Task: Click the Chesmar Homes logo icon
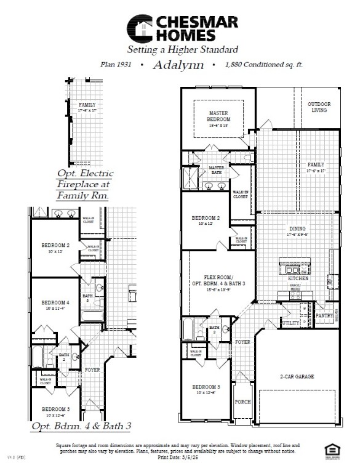(x=140, y=28)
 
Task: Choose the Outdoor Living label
(x=319, y=107)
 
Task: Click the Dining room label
(x=297, y=232)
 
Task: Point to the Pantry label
(x=324, y=316)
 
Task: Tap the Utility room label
(x=290, y=323)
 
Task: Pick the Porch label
(x=243, y=401)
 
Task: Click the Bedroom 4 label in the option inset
(x=55, y=303)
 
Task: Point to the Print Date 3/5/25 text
(x=179, y=458)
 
